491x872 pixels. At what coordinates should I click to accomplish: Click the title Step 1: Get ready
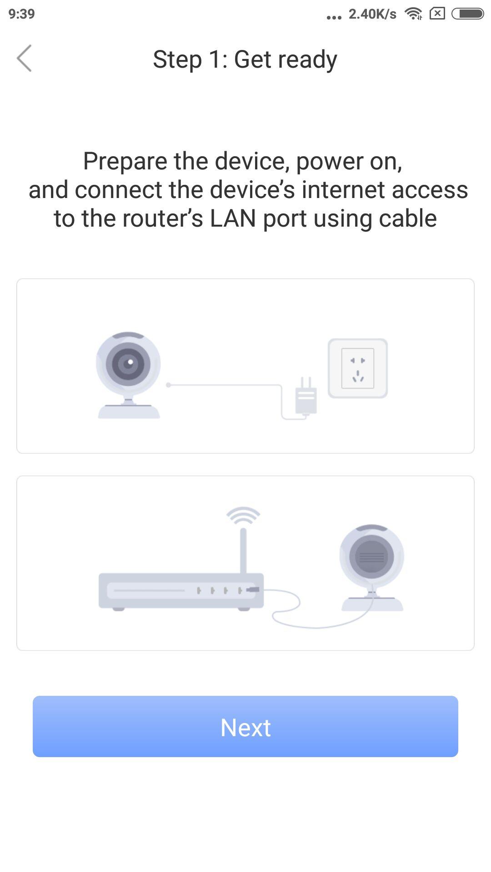click(x=245, y=59)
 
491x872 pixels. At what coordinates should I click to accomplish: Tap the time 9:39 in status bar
click(x=21, y=14)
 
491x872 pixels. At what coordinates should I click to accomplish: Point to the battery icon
click(x=467, y=14)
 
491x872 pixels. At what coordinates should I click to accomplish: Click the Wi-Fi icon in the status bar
click(x=413, y=14)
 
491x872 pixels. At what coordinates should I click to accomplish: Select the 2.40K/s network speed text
click(x=372, y=14)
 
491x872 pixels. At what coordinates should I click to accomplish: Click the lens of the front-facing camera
click(x=129, y=363)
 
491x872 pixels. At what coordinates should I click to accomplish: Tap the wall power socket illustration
click(x=358, y=368)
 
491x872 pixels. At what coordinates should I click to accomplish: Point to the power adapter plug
click(x=306, y=396)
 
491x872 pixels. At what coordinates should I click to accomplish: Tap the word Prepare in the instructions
click(x=125, y=161)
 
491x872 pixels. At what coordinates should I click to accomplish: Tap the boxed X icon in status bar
click(x=437, y=14)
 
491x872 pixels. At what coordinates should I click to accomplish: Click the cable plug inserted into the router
click(x=253, y=590)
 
